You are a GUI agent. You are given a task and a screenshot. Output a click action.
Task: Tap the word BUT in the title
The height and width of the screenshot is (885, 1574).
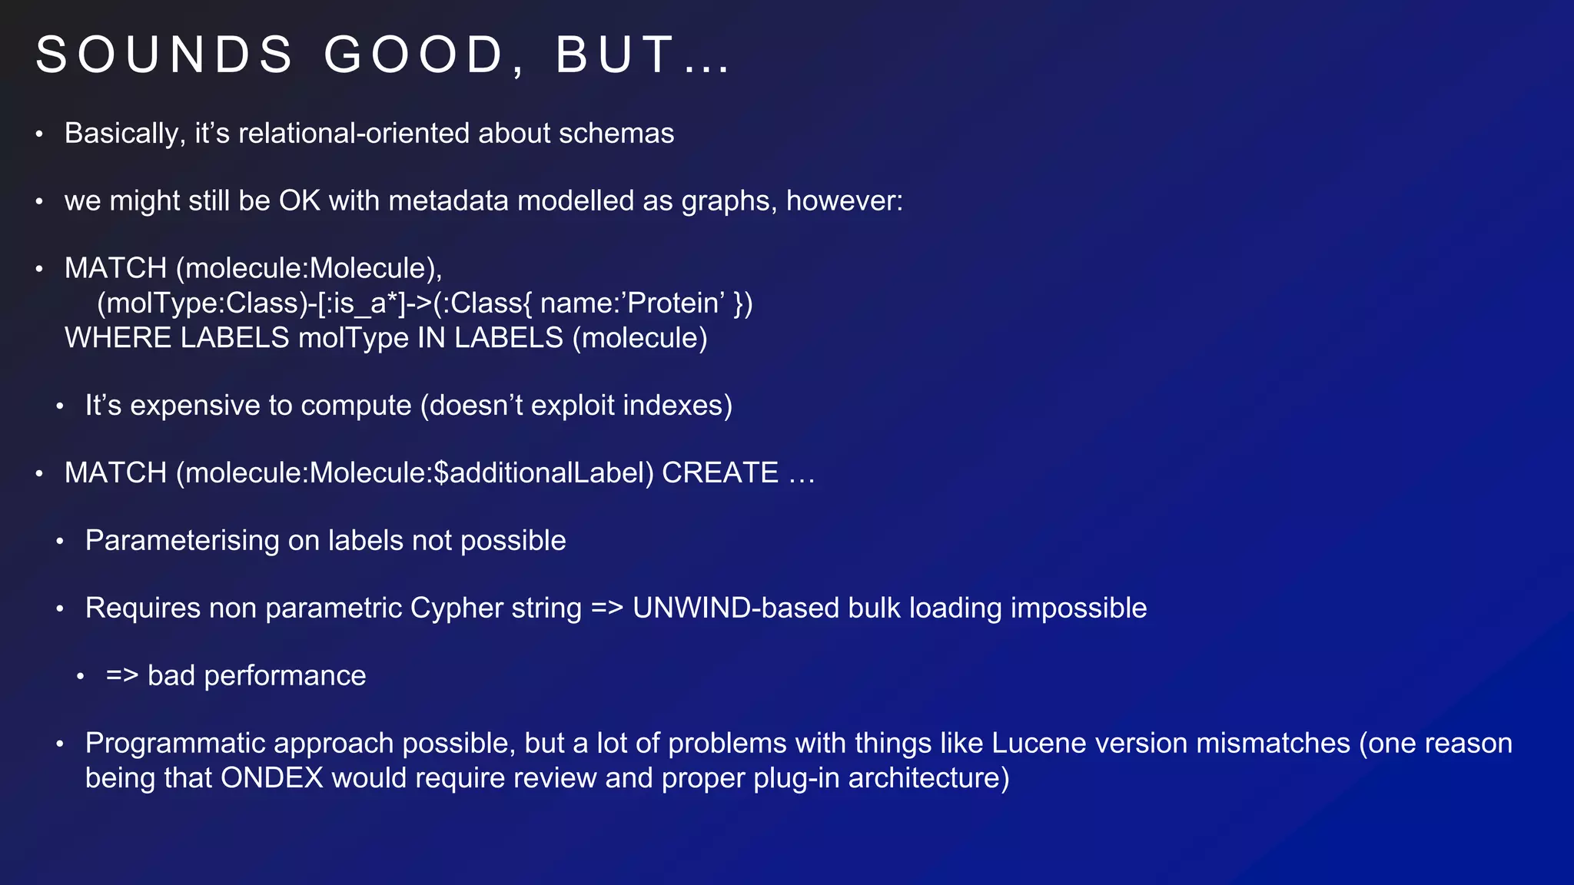click(x=615, y=55)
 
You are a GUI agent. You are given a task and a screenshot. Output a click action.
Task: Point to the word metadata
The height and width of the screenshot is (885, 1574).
click(x=448, y=201)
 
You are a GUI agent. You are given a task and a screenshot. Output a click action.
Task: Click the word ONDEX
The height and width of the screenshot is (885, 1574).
click(x=272, y=778)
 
